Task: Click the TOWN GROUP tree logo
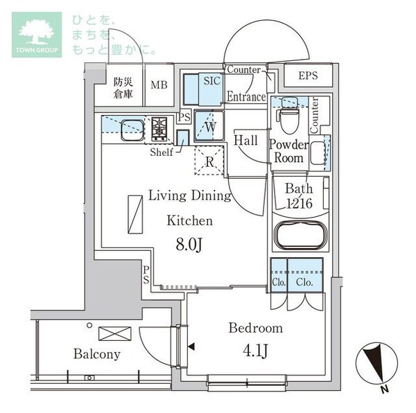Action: point(36,34)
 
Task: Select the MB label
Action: point(159,85)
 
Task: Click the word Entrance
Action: point(245,97)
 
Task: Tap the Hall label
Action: point(245,141)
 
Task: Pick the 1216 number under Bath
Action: point(299,204)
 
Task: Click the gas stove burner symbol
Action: point(160,128)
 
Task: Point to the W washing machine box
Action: point(208,126)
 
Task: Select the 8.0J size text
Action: point(189,245)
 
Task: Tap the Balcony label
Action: point(97,354)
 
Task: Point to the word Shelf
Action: point(162,152)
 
